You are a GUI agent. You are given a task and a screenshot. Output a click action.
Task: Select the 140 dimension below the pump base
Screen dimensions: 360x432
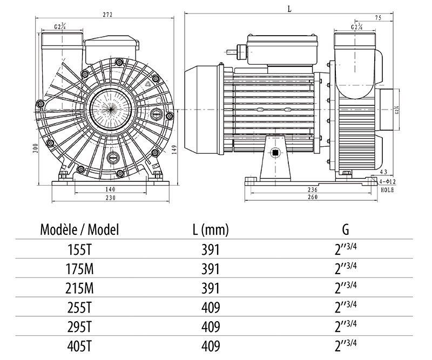(111, 190)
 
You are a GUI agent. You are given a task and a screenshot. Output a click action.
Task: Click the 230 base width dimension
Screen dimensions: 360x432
(111, 198)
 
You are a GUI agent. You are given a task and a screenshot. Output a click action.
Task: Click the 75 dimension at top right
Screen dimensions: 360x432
(378, 18)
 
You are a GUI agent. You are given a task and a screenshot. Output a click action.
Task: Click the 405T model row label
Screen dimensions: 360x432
(79, 346)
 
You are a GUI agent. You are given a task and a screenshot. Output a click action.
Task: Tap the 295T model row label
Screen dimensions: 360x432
(79, 327)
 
